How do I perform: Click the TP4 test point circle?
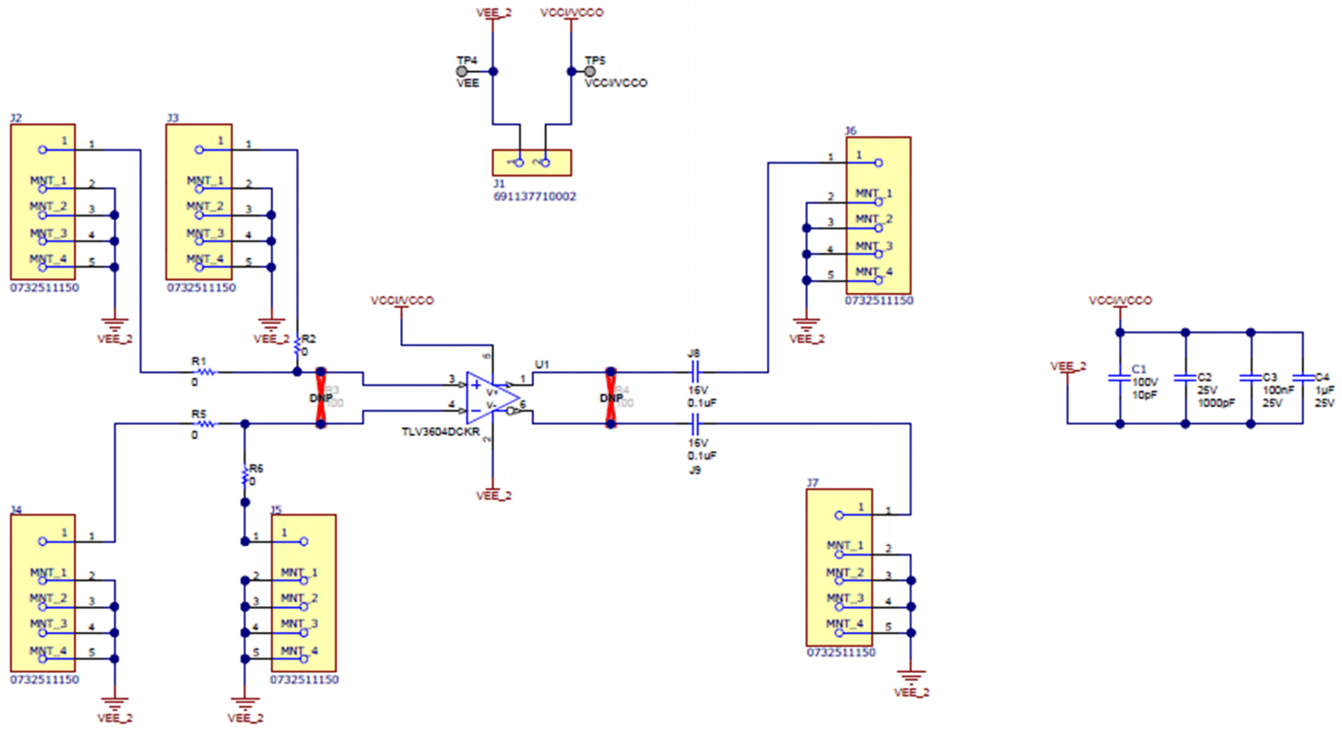point(461,72)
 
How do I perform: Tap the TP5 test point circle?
point(590,72)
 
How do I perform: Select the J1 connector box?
point(532,163)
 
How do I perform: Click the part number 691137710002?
point(534,197)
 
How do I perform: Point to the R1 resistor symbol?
point(205,372)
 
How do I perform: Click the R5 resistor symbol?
point(205,423)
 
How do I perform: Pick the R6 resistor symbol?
point(245,476)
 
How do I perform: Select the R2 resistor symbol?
point(297,346)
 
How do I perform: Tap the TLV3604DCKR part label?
point(440,432)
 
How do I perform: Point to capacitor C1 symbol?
point(1120,377)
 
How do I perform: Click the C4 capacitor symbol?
point(1302,377)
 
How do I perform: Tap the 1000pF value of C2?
point(1215,403)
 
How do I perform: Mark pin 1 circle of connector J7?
point(839,515)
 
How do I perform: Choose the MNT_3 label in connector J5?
point(299,624)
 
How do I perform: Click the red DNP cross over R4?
point(611,397)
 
